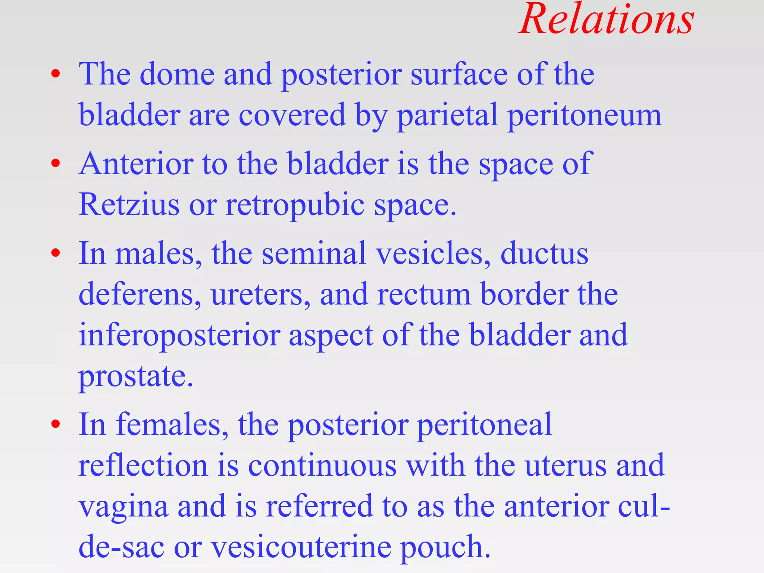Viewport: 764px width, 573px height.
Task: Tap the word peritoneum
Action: (585, 115)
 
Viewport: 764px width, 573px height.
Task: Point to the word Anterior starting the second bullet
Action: (136, 164)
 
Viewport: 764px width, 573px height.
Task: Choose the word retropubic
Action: (295, 205)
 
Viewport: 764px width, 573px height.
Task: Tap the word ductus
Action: (544, 254)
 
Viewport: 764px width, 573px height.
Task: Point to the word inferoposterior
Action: (179, 335)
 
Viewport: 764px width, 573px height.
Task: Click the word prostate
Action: (135, 376)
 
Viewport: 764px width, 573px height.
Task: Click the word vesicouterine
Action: (301, 547)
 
